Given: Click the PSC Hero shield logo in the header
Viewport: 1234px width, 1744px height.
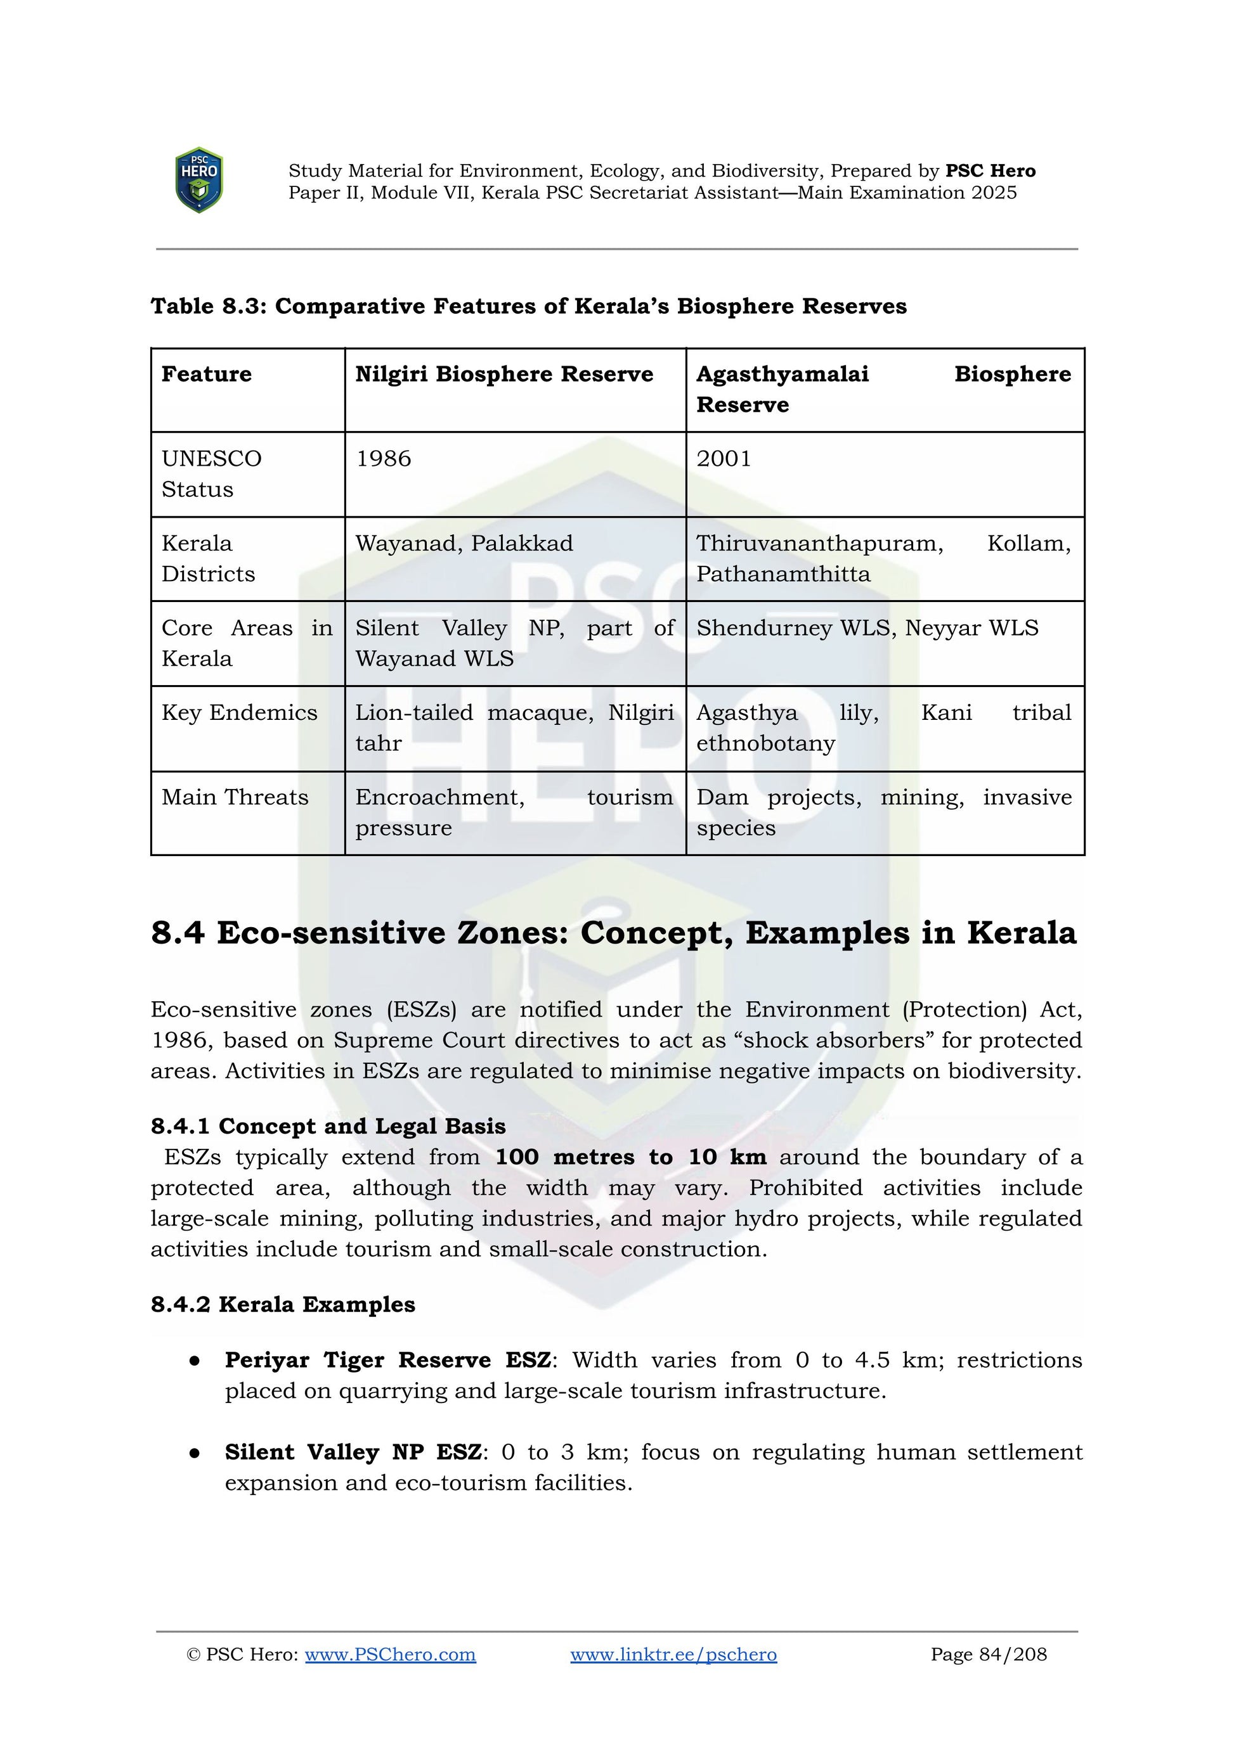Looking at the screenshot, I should [x=198, y=180].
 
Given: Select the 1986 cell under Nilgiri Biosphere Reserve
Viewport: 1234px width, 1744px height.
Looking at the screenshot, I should [x=383, y=459].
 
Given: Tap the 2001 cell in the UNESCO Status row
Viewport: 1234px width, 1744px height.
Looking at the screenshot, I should [x=724, y=459].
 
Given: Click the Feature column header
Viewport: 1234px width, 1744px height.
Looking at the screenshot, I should [x=206, y=375].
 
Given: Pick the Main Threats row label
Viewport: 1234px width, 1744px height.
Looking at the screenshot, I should [x=235, y=798].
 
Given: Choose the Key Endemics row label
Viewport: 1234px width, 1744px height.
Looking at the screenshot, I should [x=239, y=712].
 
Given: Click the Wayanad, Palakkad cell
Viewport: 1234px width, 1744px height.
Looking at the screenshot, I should [x=464, y=544].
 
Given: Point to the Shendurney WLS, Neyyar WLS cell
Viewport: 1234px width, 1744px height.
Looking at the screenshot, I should [x=867, y=628].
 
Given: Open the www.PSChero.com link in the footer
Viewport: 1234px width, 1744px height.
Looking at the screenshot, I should [x=390, y=1655].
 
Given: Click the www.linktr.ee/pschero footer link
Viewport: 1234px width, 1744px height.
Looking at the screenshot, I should [x=673, y=1655].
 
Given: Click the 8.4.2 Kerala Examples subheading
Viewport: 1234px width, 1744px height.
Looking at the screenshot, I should [x=283, y=1304].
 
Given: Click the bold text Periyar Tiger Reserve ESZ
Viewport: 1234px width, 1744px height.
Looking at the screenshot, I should [x=387, y=1360].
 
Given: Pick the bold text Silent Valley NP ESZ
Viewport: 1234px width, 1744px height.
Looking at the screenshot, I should [x=353, y=1452].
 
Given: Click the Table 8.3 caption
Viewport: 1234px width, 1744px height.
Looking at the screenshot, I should [x=528, y=306].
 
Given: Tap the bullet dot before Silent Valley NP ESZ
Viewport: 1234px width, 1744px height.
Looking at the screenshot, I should [x=195, y=1453].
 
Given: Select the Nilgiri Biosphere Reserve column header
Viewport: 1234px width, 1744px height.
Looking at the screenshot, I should [x=503, y=375].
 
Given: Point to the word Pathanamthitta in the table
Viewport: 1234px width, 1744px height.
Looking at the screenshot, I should [x=783, y=574].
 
